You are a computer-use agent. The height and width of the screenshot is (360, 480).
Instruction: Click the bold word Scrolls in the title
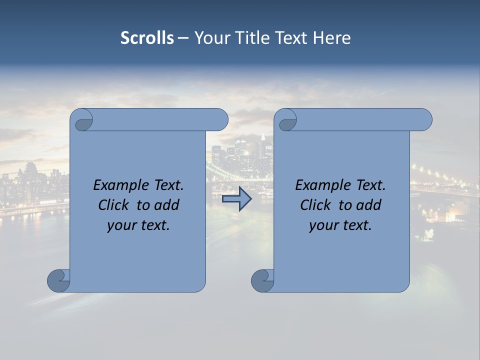click(x=147, y=37)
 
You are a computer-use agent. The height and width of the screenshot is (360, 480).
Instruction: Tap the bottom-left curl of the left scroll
click(x=58, y=280)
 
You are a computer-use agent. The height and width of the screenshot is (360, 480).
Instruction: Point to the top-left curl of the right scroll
click(x=287, y=120)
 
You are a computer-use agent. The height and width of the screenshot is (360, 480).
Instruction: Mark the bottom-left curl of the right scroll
click(x=262, y=280)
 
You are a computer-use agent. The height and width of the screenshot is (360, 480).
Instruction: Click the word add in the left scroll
click(x=166, y=205)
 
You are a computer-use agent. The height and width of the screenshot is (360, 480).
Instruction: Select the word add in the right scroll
click(x=368, y=205)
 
